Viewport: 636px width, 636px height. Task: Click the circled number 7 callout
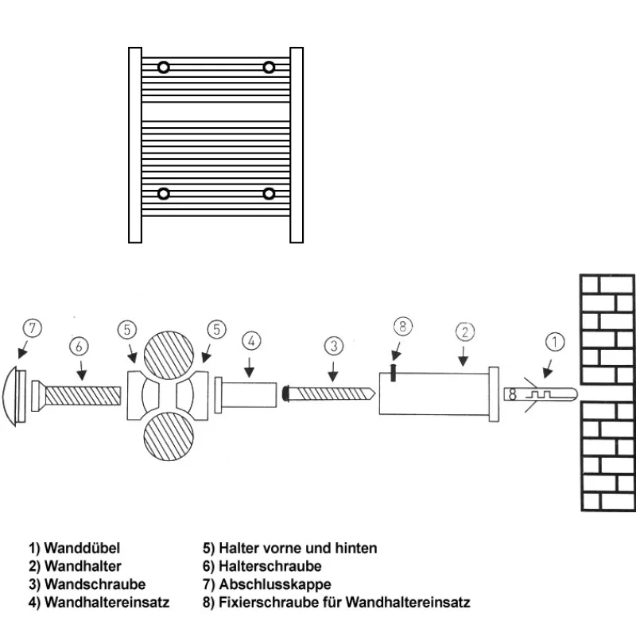click(32, 328)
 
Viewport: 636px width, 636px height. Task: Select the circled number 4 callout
click(250, 342)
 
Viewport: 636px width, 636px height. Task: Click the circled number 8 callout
click(403, 325)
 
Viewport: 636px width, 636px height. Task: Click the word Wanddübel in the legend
click(83, 549)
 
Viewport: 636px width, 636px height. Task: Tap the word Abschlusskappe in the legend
click(274, 584)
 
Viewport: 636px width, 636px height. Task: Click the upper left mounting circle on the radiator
click(163, 67)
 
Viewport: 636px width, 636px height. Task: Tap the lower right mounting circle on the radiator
click(270, 193)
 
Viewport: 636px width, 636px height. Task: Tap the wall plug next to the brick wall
click(537, 394)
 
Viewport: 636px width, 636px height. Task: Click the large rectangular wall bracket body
click(433, 394)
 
